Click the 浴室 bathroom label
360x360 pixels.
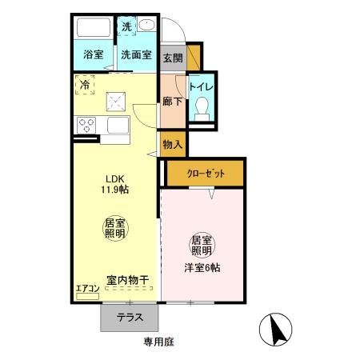point(94,56)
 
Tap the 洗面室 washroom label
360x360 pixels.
point(137,56)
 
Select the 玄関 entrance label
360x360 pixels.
point(172,58)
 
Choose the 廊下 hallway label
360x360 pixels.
point(171,102)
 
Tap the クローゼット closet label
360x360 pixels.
point(206,173)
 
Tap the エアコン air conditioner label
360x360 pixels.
point(87,288)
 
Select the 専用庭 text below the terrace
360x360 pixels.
point(158,341)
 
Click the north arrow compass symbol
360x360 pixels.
point(274,328)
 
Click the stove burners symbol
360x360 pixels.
point(86,125)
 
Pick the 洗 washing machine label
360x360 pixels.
point(127,26)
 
